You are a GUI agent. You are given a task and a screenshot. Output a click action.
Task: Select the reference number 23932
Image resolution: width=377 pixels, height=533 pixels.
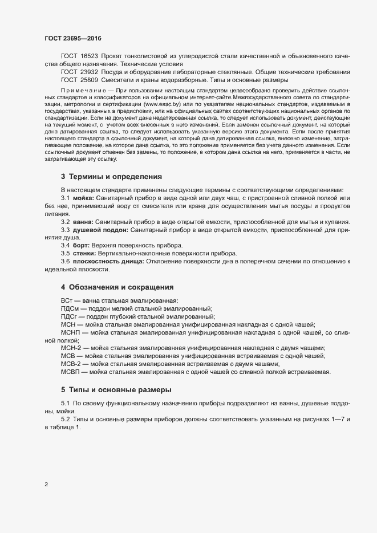[x=90, y=72]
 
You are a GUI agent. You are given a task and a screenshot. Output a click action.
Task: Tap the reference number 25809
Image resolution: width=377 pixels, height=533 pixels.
[x=90, y=80]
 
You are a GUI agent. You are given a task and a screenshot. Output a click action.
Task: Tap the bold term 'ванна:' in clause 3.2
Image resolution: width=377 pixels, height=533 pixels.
[x=83, y=237]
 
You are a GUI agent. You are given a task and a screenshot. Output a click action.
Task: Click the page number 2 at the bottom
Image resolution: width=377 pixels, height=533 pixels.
[x=46, y=485]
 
